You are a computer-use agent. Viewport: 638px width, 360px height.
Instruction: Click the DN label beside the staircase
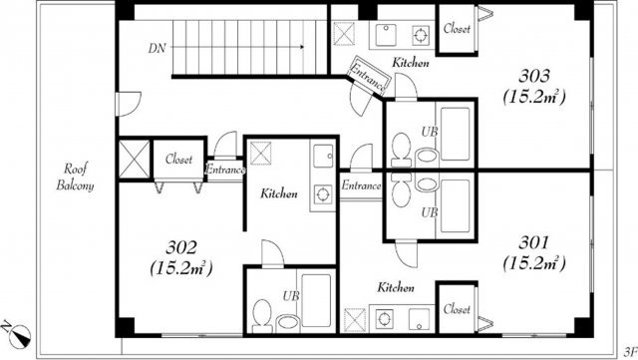tap(157, 47)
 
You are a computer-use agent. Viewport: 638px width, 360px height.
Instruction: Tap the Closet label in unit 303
tap(457, 29)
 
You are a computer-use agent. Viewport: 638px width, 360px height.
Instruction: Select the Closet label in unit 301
tap(457, 309)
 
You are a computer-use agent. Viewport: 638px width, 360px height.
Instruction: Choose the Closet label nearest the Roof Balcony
tap(179, 158)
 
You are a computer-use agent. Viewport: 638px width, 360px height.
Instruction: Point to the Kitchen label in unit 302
tap(280, 193)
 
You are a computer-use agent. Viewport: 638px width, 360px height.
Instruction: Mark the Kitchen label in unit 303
tap(411, 63)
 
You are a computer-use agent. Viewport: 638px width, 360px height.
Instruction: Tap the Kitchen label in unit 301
tap(396, 288)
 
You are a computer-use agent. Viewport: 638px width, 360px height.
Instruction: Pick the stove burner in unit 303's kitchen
tap(422, 33)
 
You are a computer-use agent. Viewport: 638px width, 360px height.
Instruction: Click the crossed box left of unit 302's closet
tap(133, 159)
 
